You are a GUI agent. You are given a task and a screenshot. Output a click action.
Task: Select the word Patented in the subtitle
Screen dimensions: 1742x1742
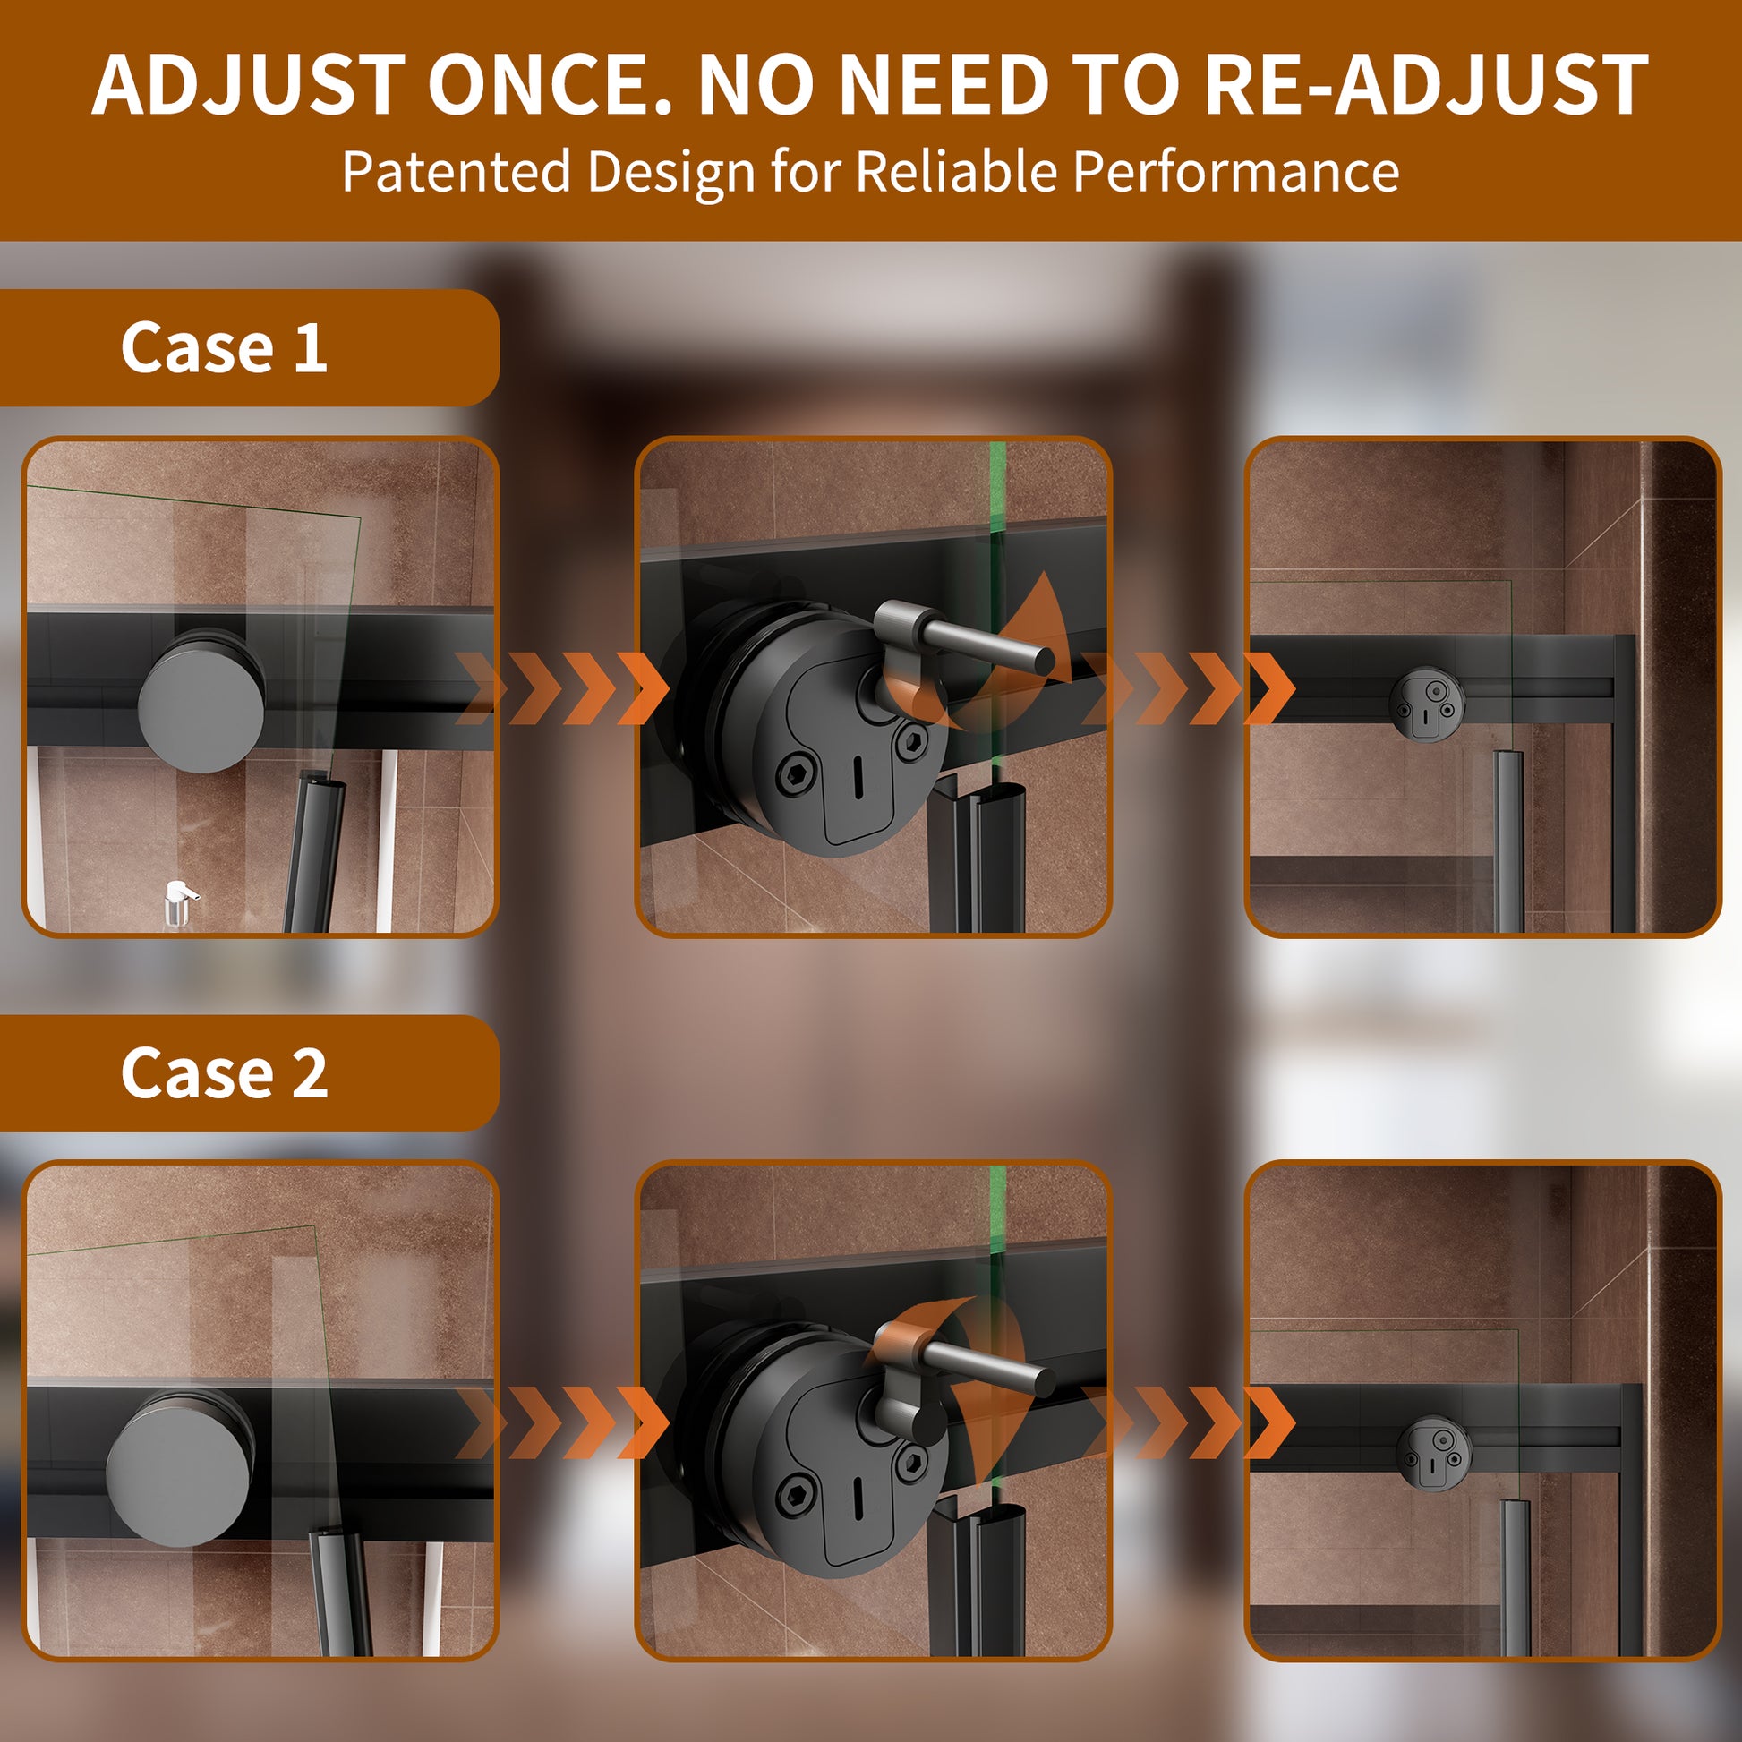(457, 170)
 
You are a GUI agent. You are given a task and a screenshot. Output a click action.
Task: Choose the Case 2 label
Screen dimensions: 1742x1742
(224, 1073)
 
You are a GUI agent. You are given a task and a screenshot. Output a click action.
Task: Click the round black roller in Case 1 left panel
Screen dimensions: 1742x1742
(202, 701)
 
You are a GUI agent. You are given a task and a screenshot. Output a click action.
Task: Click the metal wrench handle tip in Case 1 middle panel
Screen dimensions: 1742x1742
(1044, 661)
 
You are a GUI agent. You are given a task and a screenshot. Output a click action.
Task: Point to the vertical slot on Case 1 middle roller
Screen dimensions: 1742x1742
(858, 771)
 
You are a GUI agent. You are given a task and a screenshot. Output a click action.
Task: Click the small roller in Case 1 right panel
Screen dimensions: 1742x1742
(1426, 704)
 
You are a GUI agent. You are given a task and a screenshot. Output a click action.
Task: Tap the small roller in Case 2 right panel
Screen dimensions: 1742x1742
(1433, 1454)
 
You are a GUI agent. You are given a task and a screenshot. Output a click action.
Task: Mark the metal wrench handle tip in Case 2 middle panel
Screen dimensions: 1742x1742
(1044, 1379)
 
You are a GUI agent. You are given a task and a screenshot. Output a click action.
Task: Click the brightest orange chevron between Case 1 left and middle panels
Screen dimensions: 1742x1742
(642, 688)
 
